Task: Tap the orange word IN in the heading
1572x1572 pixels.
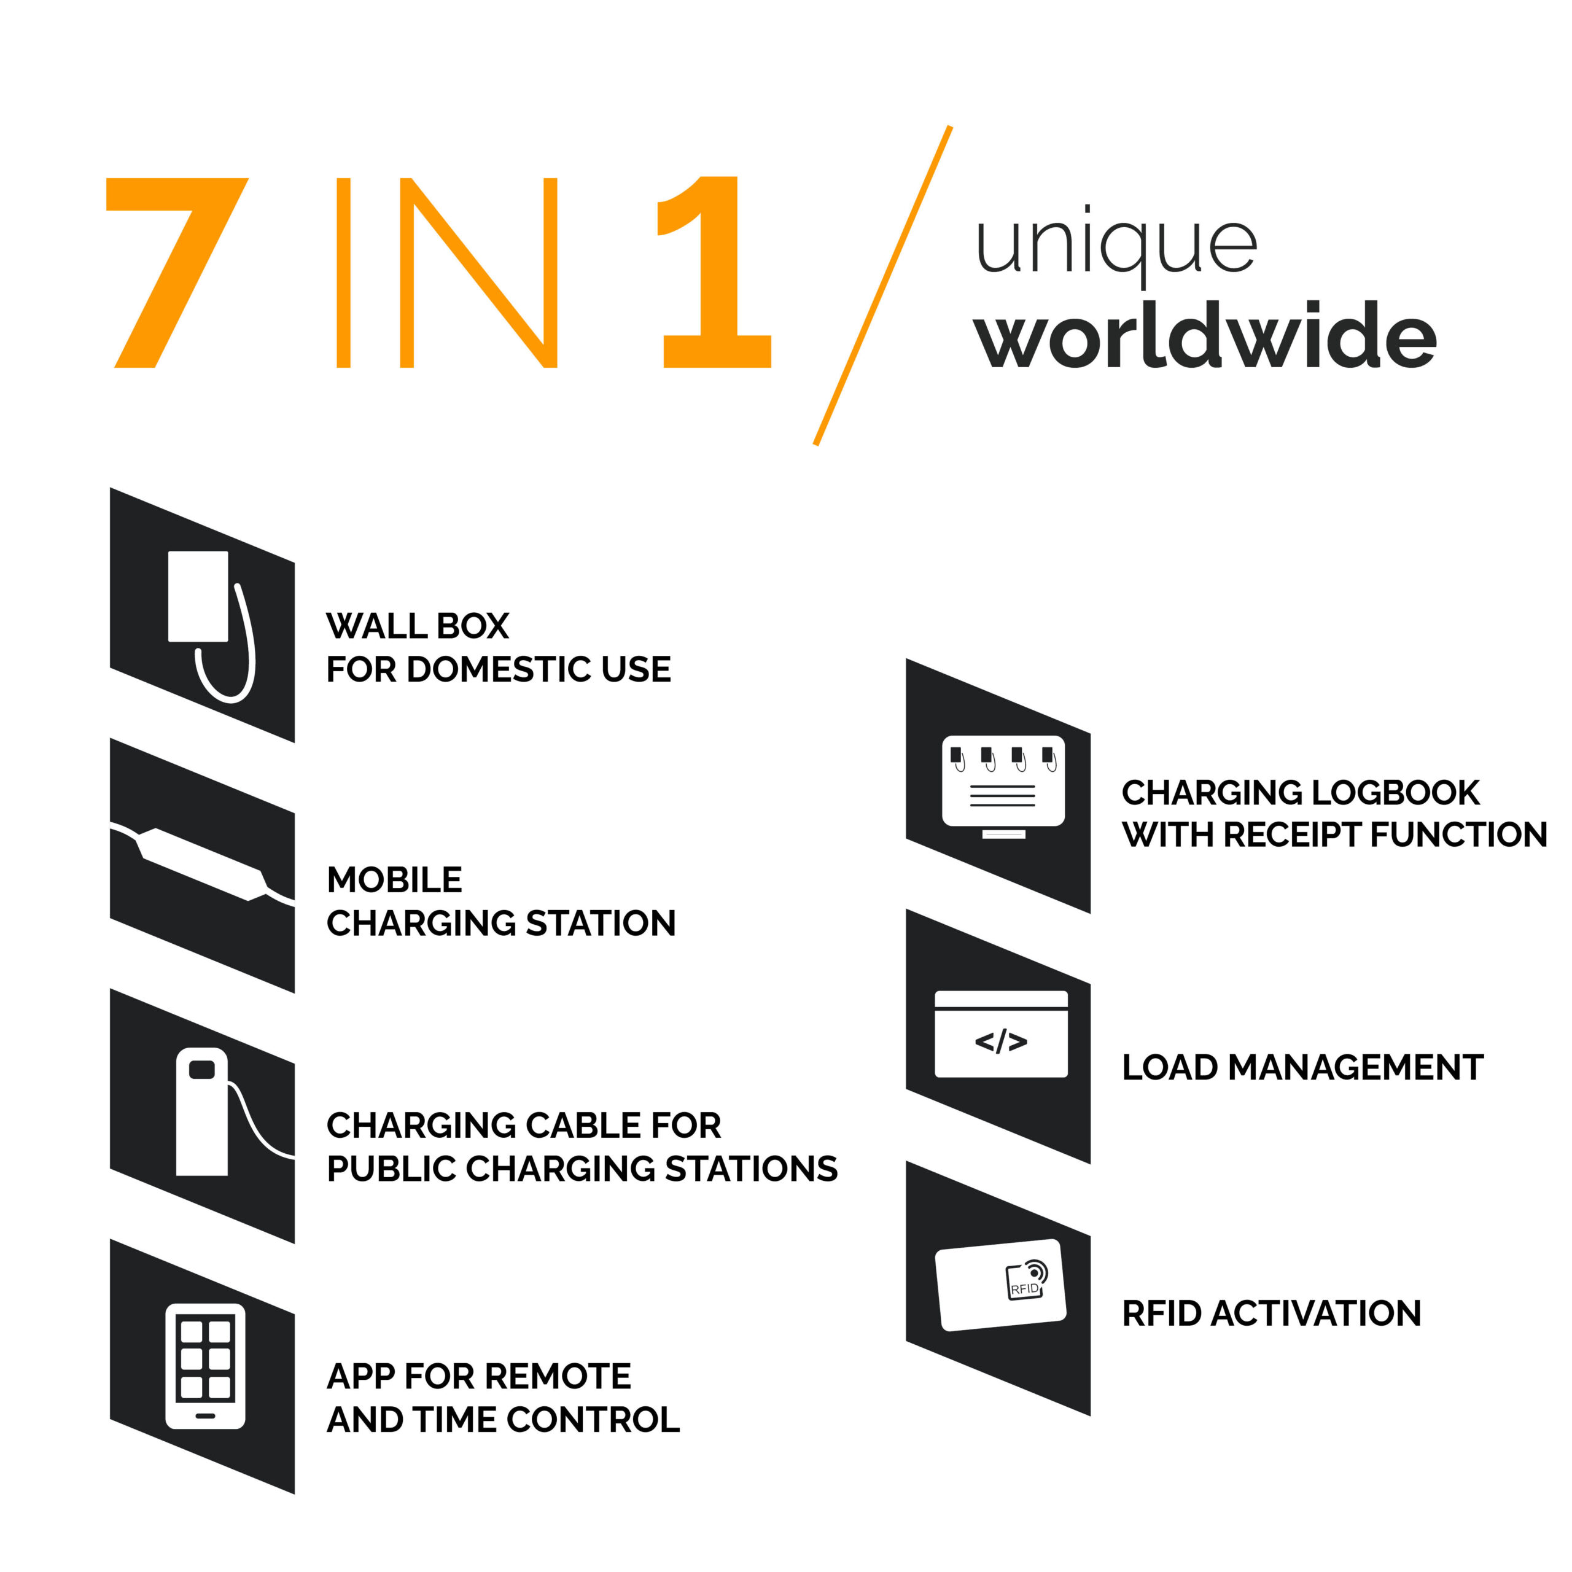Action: click(446, 273)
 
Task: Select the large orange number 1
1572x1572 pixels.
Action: click(714, 273)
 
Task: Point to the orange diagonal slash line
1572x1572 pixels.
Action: click(883, 286)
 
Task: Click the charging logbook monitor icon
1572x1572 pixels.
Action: click(1003, 787)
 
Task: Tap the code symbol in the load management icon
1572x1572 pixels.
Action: click(1001, 1041)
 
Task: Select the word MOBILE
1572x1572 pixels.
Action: click(395, 879)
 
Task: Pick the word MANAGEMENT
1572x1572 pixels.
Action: click(1356, 1067)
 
